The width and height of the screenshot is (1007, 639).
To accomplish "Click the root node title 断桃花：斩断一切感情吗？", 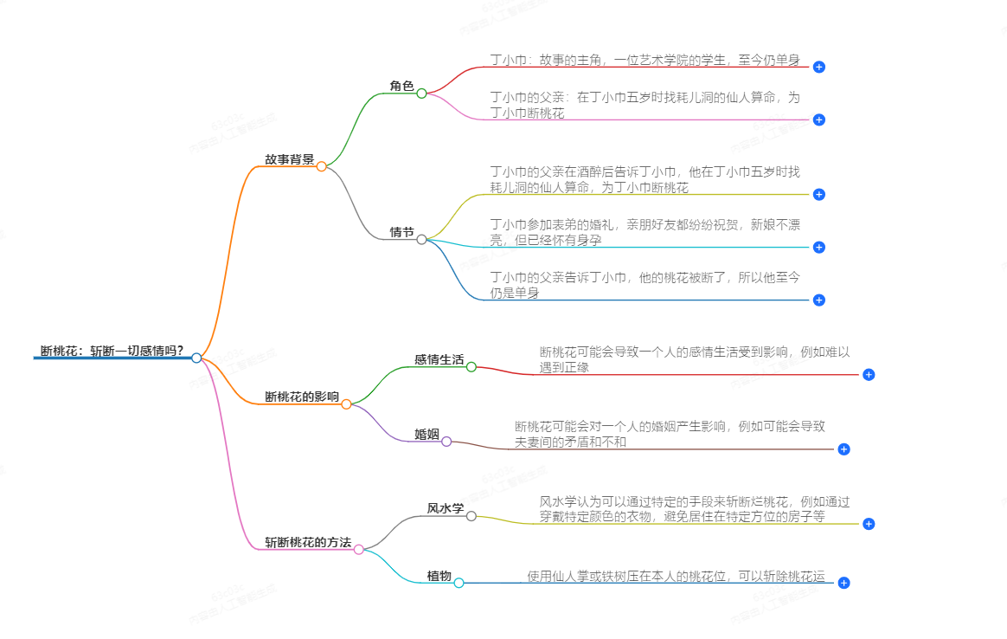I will [112, 351].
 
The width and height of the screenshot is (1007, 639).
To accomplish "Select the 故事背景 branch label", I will [289, 159].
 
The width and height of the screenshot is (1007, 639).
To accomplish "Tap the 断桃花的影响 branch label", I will [302, 397].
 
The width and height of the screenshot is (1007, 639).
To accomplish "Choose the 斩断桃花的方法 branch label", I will [308, 543].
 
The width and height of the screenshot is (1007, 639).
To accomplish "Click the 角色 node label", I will [401, 86].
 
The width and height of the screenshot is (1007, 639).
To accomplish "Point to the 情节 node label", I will [401, 232].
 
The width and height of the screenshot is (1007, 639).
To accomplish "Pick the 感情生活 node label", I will [439, 359].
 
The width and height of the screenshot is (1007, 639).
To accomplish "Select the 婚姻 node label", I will [427, 434].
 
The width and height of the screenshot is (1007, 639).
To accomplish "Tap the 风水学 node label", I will [446, 508].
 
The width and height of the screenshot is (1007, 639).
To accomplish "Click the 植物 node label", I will [439, 576].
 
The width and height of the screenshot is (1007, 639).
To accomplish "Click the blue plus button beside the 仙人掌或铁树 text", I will [844, 584].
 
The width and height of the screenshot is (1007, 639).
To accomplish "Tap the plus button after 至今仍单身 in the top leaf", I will [819, 67].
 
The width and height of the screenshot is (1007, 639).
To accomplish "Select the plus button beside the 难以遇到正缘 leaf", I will [869, 375].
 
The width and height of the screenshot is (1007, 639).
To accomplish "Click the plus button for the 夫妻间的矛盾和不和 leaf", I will [844, 449].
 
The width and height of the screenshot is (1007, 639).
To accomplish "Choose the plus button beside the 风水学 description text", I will [869, 524].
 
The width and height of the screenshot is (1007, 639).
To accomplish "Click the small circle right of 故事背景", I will [322, 166].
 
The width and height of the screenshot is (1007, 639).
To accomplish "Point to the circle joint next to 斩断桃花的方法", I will [359, 549].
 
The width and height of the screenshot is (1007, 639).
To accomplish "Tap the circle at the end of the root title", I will [197, 358].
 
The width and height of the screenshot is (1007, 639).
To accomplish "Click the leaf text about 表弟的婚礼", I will [645, 232].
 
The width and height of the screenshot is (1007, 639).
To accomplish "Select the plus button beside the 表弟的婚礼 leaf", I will [819, 248].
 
